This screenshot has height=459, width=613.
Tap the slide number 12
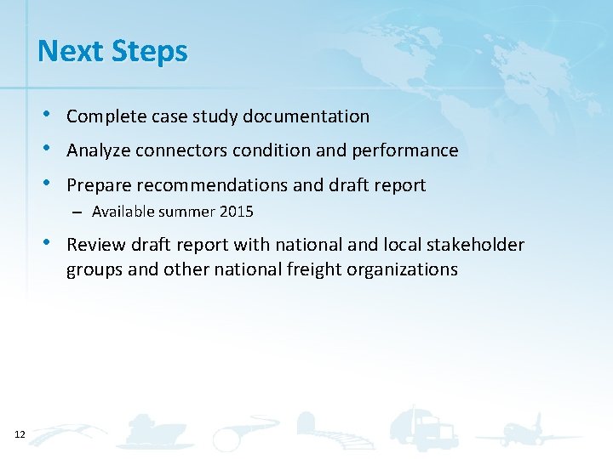20,434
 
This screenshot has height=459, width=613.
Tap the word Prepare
96,185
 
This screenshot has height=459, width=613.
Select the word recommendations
209,185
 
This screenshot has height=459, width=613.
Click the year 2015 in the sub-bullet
237,211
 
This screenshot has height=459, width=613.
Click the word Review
92,246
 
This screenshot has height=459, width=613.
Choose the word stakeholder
477,246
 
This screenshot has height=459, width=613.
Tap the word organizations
406,270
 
